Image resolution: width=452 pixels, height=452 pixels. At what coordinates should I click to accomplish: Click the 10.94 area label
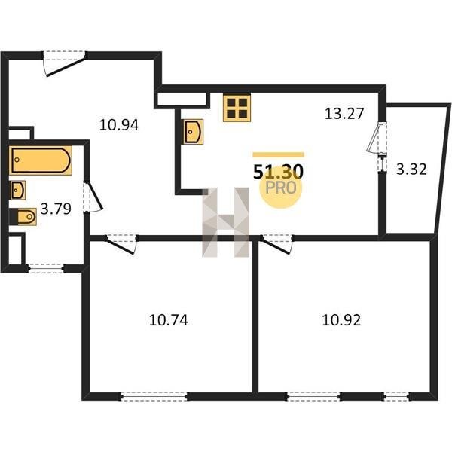119,125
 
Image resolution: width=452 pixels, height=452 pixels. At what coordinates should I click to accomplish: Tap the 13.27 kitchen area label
344,113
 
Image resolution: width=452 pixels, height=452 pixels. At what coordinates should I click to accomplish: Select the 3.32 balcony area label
411,169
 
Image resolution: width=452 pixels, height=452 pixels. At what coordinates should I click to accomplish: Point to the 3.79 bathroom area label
56,209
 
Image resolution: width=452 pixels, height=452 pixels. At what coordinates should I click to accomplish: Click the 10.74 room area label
169,320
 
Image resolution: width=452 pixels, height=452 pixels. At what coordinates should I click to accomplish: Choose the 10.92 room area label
341,320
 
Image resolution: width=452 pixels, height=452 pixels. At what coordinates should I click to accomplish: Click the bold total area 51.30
278,172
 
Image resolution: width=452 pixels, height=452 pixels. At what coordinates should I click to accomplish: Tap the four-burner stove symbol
237,108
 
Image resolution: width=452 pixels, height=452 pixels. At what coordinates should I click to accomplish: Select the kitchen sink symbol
192,131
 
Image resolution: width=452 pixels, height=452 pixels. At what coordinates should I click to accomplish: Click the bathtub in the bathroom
41,160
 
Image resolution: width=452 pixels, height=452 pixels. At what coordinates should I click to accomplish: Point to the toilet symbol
23,216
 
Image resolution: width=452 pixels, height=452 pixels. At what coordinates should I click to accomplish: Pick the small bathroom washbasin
17,190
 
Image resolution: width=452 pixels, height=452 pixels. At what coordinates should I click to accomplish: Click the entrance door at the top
65,63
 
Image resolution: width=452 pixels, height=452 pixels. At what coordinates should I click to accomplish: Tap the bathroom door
93,197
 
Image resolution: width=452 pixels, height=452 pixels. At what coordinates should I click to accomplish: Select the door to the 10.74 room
121,244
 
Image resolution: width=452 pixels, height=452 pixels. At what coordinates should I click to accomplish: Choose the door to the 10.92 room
276,244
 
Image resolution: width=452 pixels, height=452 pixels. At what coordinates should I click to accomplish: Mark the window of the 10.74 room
154,397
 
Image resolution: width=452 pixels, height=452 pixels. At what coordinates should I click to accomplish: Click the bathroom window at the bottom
46,269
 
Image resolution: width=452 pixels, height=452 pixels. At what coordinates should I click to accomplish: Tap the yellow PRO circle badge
280,188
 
